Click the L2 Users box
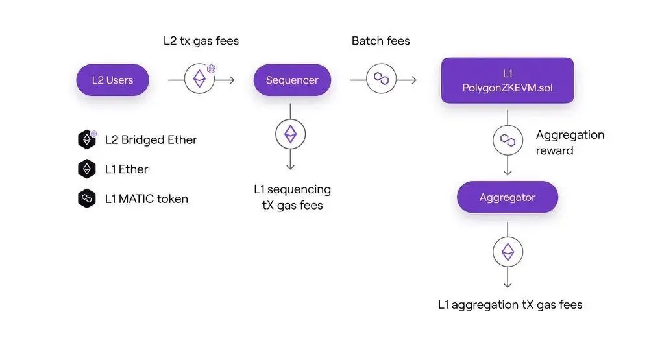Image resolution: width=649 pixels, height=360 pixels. [112, 80]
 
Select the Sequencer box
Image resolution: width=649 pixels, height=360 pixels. [292, 80]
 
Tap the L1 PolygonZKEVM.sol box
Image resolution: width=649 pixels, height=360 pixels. [508, 80]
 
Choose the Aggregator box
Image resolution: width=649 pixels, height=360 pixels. [508, 197]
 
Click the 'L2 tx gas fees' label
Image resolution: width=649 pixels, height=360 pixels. [201, 41]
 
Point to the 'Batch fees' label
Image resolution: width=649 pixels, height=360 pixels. [381, 41]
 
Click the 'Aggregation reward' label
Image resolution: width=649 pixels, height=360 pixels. [570, 143]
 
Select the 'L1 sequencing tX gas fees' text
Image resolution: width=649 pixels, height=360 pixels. [292, 197]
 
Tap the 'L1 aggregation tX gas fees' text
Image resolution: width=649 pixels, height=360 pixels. [510, 304]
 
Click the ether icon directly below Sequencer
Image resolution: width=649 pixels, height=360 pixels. [291, 134]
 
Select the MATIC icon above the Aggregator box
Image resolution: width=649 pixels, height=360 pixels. [508, 140]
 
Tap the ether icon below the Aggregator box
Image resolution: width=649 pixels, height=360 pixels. [508, 252]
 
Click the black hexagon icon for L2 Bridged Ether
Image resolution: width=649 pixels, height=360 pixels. [87, 139]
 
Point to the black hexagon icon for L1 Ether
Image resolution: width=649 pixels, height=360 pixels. [87, 169]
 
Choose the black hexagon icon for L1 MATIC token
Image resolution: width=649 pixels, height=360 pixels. [87, 198]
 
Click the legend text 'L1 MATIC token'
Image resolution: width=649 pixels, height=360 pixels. [147, 199]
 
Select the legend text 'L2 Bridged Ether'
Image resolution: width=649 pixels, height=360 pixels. [151, 139]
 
